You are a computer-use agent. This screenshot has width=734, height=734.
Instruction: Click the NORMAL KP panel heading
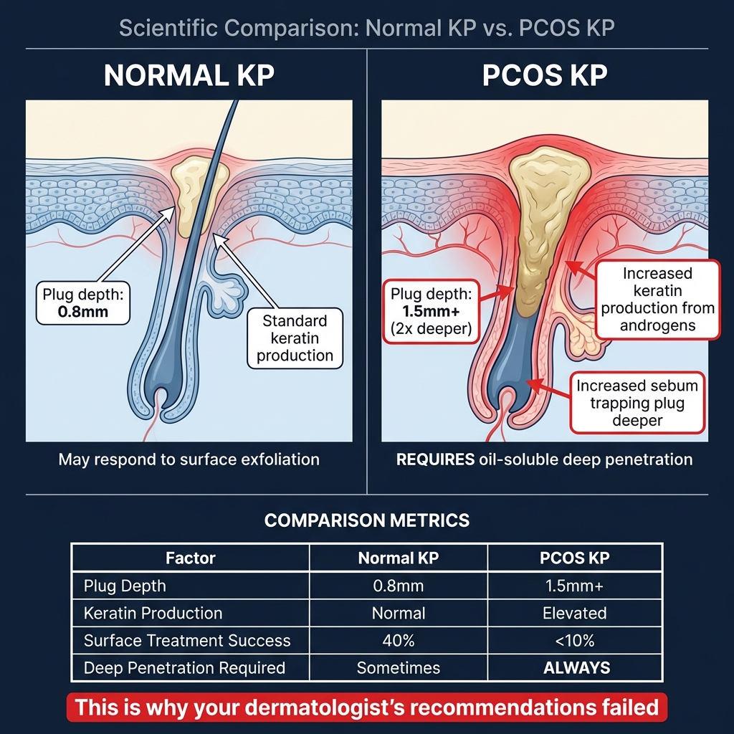tap(189, 75)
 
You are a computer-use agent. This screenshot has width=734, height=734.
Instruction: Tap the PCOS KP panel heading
tap(545, 75)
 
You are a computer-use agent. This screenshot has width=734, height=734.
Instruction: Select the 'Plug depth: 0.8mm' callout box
tap(83, 303)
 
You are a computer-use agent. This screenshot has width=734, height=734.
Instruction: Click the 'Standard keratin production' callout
tap(295, 338)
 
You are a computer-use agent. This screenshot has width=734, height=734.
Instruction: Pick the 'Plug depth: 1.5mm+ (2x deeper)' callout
tap(431, 311)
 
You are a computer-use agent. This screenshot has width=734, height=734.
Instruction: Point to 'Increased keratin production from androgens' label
tap(658, 299)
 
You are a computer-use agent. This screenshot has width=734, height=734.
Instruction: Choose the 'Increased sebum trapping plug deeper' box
tap(637, 403)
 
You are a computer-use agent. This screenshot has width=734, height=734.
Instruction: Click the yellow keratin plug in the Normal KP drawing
tap(192, 194)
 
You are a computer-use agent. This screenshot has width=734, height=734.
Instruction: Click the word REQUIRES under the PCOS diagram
tap(435, 459)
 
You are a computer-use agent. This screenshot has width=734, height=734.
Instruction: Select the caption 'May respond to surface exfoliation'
tap(189, 459)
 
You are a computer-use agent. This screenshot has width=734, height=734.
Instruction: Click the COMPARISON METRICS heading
tap(367, 520)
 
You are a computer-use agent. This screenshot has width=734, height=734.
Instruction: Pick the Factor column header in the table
tap(191, 558)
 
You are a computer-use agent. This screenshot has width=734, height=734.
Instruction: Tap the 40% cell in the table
tap(399, 640)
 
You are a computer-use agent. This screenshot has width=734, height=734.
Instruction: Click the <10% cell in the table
tap(575, 640)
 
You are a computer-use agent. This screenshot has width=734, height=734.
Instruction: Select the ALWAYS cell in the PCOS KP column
tap(577, 668)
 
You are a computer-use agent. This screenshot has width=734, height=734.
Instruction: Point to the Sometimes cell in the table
tap(399, 668)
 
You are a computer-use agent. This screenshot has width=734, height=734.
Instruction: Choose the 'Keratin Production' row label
tap(153, 614)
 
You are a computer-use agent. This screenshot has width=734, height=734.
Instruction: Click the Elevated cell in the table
tap(575, 614)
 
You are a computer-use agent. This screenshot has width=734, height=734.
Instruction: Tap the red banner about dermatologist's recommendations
tap(367, 707)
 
